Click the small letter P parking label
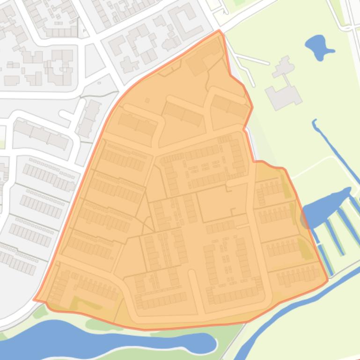(85, 31)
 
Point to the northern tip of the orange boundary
(219, 31)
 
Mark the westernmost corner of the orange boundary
(34, 300)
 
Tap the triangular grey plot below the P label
(94, 61)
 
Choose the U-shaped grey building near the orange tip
(185, 21)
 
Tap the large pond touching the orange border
(328, 206)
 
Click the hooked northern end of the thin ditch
(315, 122)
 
